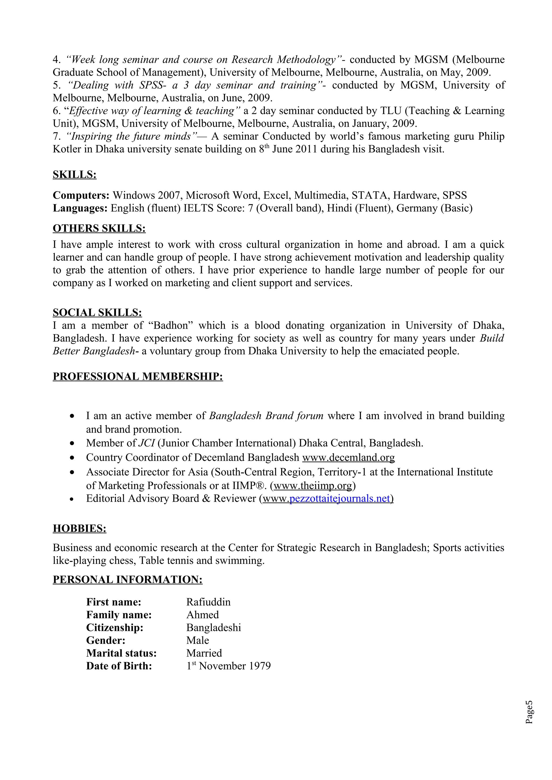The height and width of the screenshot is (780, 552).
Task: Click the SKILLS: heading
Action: pos(74,175)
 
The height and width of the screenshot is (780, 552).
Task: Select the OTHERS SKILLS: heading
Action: pos(99,228)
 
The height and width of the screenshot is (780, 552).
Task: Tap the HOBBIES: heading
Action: pos(79,528)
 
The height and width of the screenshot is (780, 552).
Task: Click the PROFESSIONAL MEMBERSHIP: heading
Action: pos(138,377)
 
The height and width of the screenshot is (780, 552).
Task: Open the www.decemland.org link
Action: pos(348,458)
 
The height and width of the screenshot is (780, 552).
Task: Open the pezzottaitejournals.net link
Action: pos(339,498)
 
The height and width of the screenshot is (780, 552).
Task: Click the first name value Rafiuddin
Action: pos(208,602)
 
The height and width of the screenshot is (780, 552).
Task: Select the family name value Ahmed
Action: pos(202,615)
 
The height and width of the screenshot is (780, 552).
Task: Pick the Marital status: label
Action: pos(121,653)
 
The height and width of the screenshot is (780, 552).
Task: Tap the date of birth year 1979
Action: pos(260,666)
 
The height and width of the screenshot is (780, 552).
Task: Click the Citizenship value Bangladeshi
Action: pos(213,627)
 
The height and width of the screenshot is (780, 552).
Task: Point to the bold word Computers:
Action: pos(81,195)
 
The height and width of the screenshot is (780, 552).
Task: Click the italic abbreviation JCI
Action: pos(147,443)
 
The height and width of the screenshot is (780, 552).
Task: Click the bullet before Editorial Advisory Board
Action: pos(71,499)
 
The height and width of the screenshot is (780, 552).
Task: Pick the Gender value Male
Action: pos(197,640)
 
